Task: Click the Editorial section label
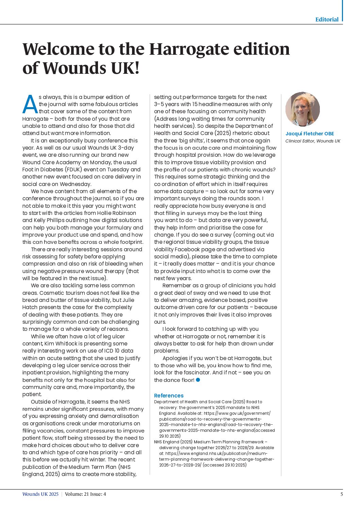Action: click(327, 19)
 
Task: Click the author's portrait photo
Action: click(302, 109)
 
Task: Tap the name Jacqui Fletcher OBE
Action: click(310, 134)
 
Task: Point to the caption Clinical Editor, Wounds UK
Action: click(313, 141)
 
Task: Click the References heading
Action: click(169, 395)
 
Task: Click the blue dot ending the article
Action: click(198, 380)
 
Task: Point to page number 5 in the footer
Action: click(342, 494)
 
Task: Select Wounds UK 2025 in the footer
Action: click(40, 494)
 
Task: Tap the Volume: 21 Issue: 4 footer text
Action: click(85, 494)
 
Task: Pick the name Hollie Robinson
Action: click(116, 213)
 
